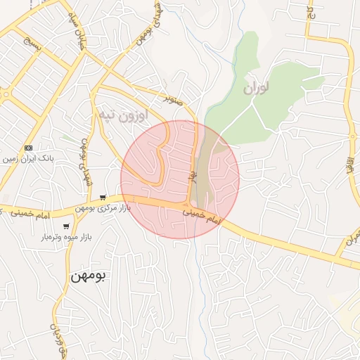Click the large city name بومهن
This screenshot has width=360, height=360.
88,276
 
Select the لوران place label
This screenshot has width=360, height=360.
256,89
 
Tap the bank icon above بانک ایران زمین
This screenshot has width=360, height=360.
28,148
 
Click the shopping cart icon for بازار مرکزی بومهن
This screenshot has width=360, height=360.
103,198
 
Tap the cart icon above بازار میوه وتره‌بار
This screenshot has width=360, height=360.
66,226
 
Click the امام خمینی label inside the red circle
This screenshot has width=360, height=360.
202,214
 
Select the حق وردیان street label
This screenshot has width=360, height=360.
56,337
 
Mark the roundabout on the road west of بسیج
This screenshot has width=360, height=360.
6,94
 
